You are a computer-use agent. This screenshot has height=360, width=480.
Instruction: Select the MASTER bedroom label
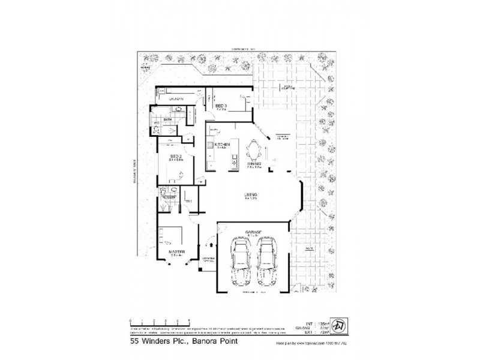[176, 251]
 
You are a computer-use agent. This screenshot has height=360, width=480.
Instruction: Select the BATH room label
[169, 119]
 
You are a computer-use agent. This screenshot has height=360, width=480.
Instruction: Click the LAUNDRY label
[175, 98]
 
